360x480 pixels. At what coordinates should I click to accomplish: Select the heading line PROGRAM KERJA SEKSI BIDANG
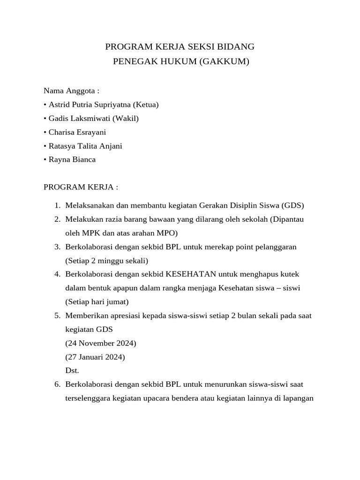[180, 46]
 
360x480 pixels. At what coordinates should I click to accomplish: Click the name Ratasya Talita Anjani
[85, 146]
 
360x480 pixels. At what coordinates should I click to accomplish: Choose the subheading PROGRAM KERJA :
[81, 187]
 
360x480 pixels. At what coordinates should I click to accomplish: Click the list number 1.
[57, 205]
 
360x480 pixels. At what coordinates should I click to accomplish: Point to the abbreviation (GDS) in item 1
[293, 205]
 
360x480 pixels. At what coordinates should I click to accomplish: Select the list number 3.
[57, 247]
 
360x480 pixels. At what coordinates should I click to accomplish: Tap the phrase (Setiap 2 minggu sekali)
[107, 260]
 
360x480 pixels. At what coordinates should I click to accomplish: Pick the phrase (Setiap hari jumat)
[97, 301]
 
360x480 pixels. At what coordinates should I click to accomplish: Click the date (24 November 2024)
[101, 343]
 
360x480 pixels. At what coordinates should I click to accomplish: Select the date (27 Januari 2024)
[95, 357]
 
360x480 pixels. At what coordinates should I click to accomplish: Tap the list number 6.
[57, 384]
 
